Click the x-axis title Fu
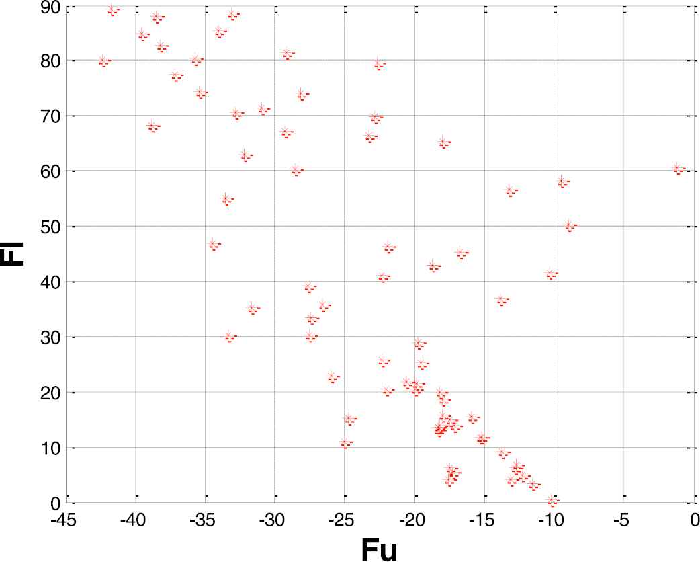[379, 548]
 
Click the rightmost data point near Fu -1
[678, 168]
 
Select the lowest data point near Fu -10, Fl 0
[552, 499]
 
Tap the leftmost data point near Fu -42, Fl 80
[103, 61]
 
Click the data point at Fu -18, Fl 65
[443, 142]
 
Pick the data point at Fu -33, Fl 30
[228, 335]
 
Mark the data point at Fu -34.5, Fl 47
[213, 244]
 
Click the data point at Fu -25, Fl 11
[345, 442]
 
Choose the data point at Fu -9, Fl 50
[569, 225]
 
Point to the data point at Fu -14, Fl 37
[500, 299]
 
